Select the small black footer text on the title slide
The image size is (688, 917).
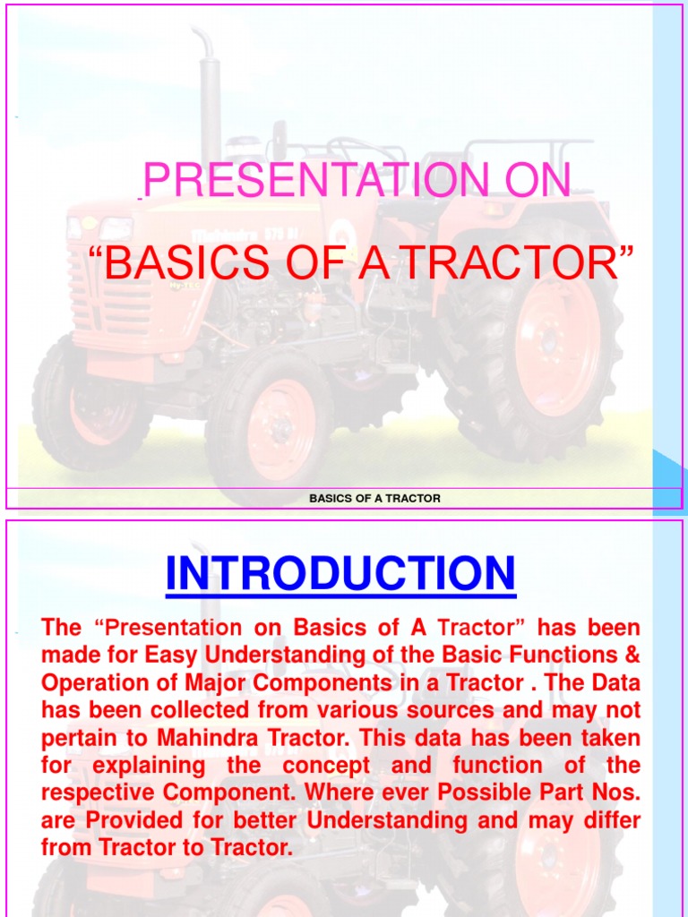pos(374,498)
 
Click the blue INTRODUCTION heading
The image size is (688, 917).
pos(340,573)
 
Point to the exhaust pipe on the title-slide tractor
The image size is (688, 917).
pos(210,99)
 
